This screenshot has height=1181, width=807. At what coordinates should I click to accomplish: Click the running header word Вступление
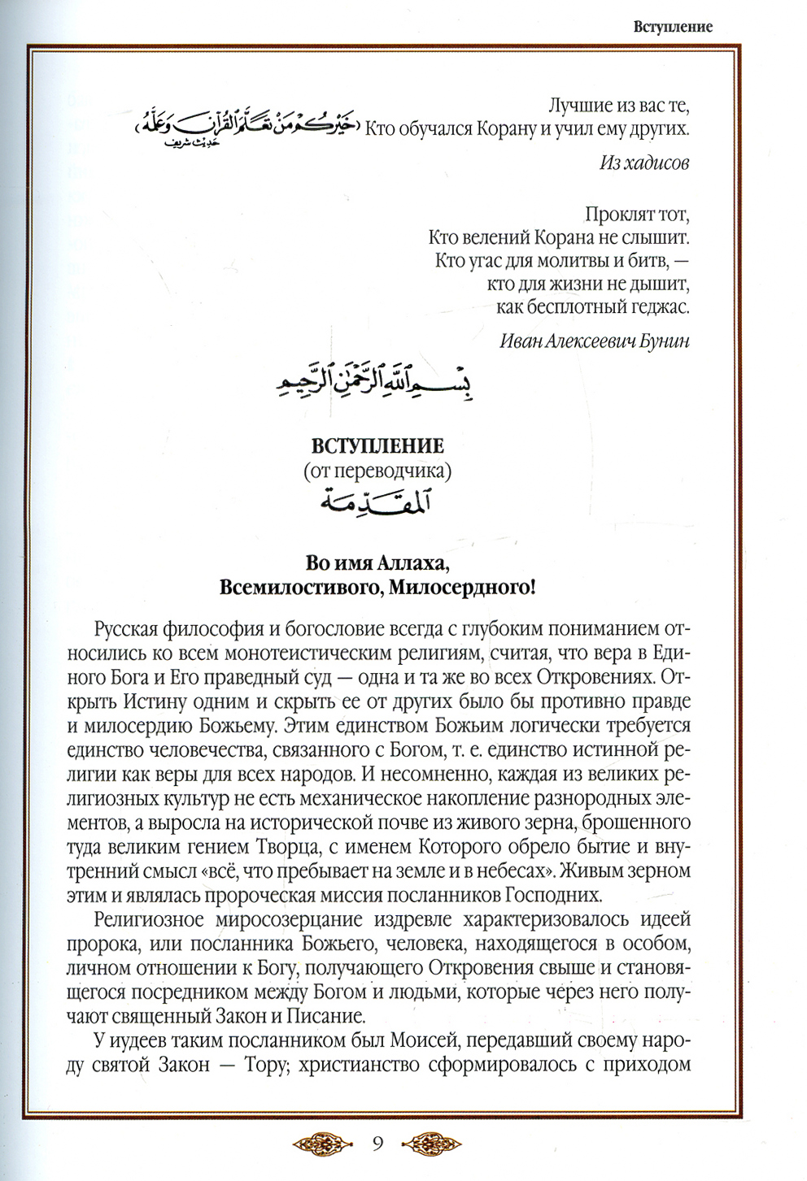point(673,27)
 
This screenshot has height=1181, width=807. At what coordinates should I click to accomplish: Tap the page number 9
point(377,1144)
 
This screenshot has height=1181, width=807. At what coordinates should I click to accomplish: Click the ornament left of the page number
point(324,1144)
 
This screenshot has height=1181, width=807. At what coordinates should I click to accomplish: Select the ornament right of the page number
point(431,1144)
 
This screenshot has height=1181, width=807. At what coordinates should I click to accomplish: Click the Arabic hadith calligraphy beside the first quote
point(245,125)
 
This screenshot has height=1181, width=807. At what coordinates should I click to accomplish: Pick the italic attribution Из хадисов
point(643,163)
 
